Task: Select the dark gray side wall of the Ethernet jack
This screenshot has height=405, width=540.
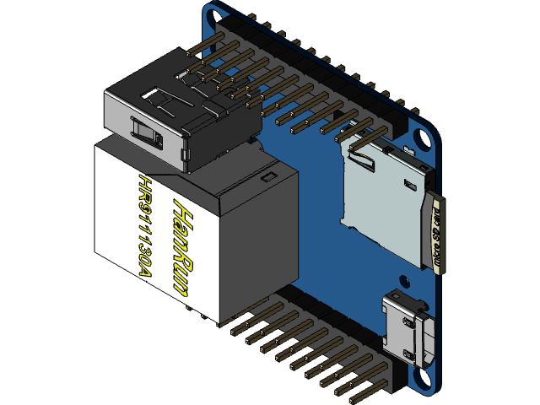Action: (x=257, y=245)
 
